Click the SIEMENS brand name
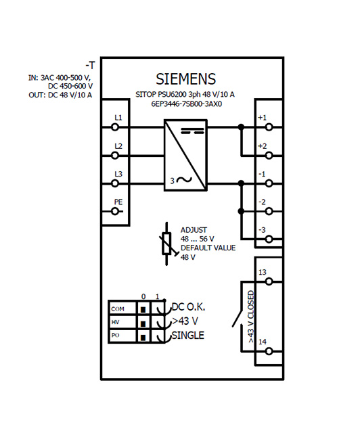185,79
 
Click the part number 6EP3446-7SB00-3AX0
187,104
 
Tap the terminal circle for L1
115,127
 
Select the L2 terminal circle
115,156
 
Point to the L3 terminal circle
115,183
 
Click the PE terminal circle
115,212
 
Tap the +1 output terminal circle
269,127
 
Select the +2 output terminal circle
269,156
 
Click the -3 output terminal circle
269,239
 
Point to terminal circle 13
269,281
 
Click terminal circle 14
269,352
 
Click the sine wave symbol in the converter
184,180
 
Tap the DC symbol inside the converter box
192,131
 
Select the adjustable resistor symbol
166,244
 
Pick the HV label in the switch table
116,322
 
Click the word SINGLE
188,336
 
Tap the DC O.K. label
188,306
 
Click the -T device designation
90,66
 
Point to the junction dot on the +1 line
241,127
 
